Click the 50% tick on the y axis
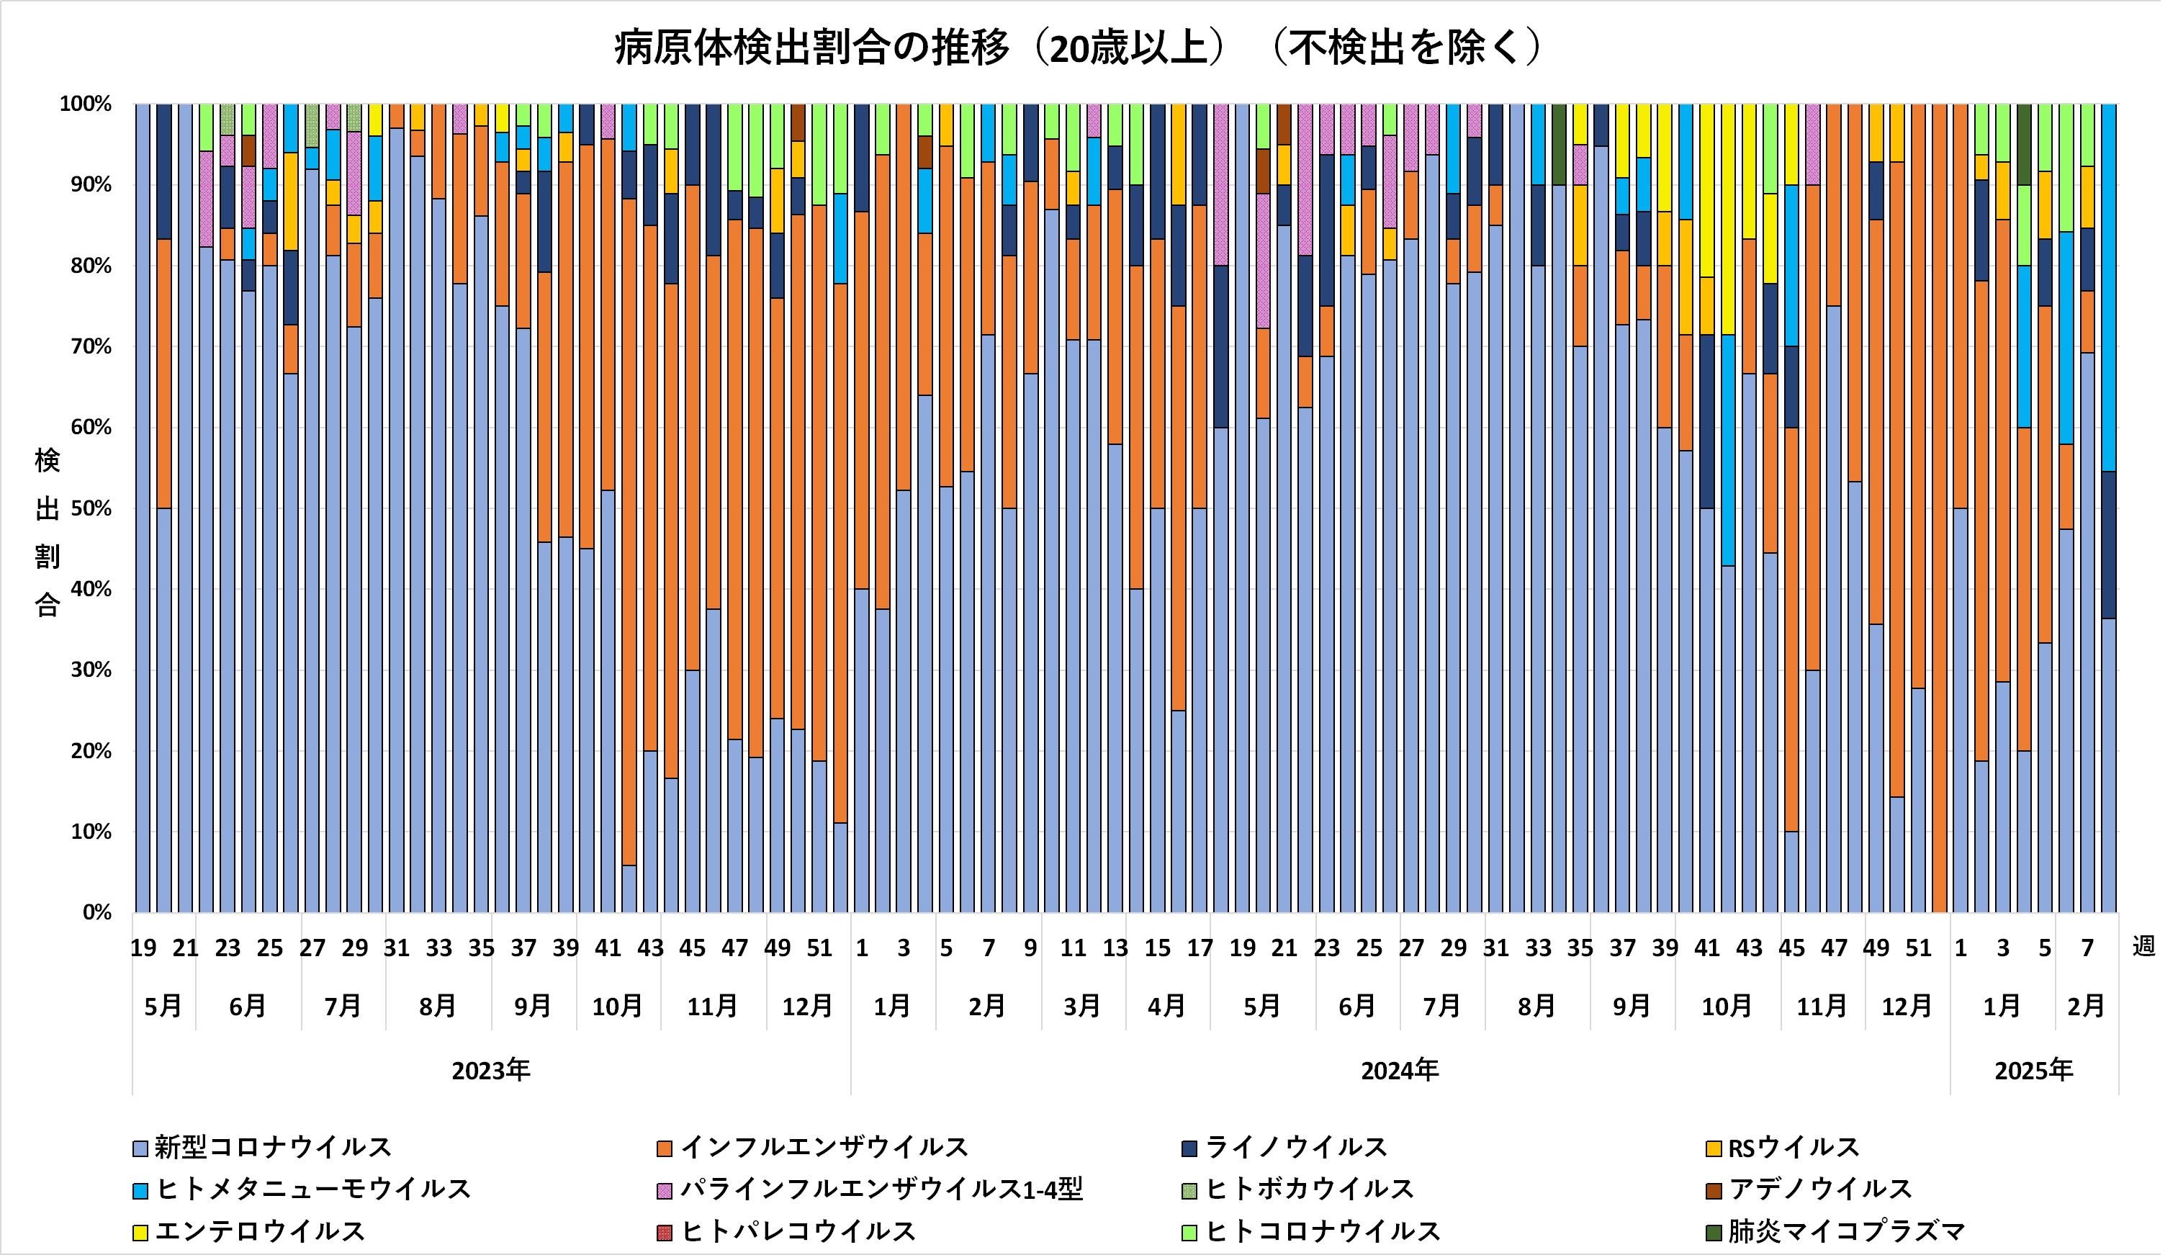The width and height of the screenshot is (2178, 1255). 91,508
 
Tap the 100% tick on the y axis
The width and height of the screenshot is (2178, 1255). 86,104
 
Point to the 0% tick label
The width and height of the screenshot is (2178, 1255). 96,913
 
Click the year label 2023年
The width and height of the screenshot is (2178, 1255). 490,1071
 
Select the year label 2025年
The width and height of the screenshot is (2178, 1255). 2033,1071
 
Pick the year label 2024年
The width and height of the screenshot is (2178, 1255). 1400,1071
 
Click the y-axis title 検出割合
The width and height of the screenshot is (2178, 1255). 48,532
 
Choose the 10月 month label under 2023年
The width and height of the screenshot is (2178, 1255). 617,1006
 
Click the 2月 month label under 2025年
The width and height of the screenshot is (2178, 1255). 2086,1006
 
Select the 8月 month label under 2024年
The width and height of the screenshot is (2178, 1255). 1536,1006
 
